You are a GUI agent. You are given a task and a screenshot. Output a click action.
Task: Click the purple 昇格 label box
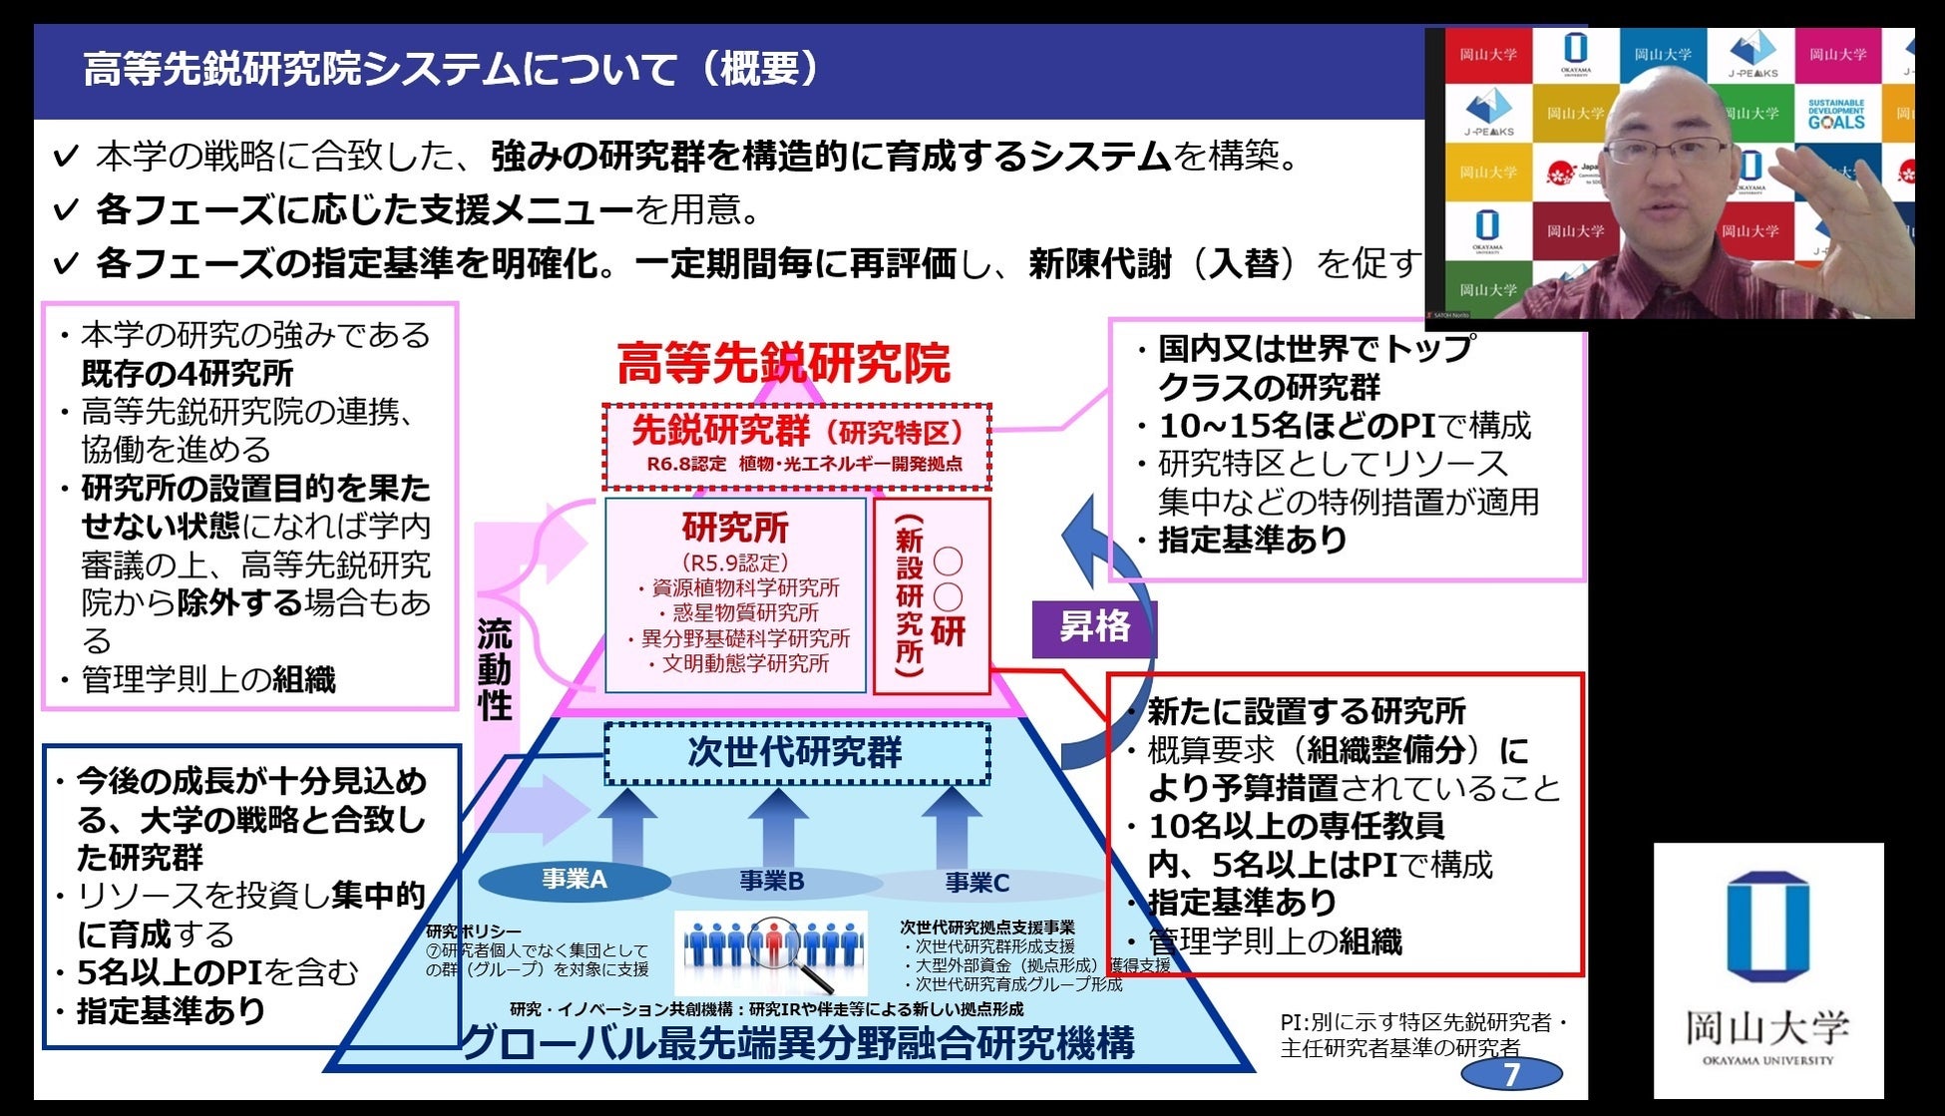point(1093,628)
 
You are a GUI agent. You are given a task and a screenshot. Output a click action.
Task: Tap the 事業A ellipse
point(575,880)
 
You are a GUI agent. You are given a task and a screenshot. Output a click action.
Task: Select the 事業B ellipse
point(772,882)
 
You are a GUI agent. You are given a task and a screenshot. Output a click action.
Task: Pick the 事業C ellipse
point(977,883)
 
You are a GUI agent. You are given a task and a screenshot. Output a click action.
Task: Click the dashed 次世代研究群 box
point(796,753)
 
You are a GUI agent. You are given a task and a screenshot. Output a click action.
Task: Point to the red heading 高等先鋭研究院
point(784,363)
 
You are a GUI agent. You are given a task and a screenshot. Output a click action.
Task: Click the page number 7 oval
point(1511,1074)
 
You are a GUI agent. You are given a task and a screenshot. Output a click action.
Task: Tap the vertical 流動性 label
point(495,669)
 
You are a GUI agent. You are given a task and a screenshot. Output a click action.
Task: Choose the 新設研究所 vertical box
point(932,596)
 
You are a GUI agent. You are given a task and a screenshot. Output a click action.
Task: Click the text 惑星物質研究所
point(745,612)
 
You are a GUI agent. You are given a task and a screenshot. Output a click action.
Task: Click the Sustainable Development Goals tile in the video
point(1836,114)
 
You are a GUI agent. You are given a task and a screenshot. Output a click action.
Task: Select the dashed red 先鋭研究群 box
point(796,445)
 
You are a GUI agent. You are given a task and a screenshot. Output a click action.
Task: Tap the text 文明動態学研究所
point(745,663)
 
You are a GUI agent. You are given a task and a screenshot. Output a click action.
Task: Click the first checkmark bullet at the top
point(66,157)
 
